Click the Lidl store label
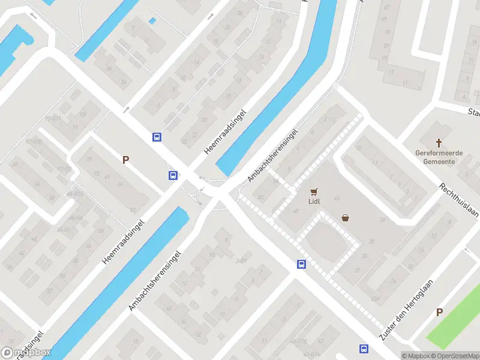pos(314,201)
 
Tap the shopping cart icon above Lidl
pos(313,192)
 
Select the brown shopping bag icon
pos(346,218)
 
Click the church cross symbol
pos(439,143)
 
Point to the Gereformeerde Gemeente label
pos(439,157)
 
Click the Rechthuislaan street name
pos(458,201)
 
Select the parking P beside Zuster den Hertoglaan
pos(439,312)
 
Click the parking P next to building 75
pos(126,160)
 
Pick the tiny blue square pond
pos(152,21)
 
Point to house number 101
pos(82,114)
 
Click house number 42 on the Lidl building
pos(337,198)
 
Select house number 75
pos(89,159)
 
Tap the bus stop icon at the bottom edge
pos(364,349)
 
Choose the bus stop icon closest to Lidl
pos(301,264)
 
